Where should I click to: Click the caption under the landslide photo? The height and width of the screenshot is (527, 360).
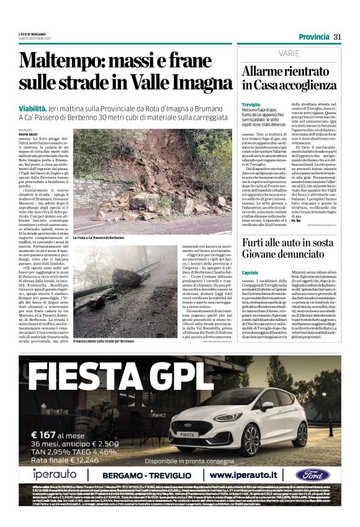click(x=102, y=238)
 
